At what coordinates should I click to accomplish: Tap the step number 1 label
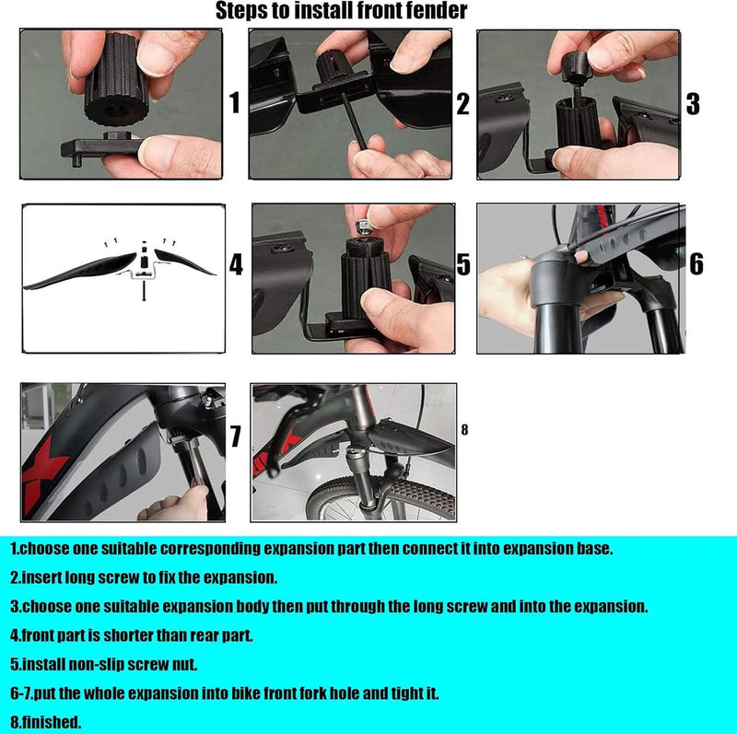pyautogui.click(x=234, y=103)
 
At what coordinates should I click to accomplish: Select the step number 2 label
pyautogui.click(x=463, y=103)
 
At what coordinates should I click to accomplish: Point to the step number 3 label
pyautogui.click(x=693, y=103)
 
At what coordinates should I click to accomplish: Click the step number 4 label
pyautogui.click(x=236, y=265)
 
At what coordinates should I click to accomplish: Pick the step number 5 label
pyautogui.click(x=463, y=265)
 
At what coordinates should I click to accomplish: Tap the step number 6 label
pyautogui.click(x=696, y=265)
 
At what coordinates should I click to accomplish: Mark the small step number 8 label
pyautogui.click(x=464, y=429)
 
